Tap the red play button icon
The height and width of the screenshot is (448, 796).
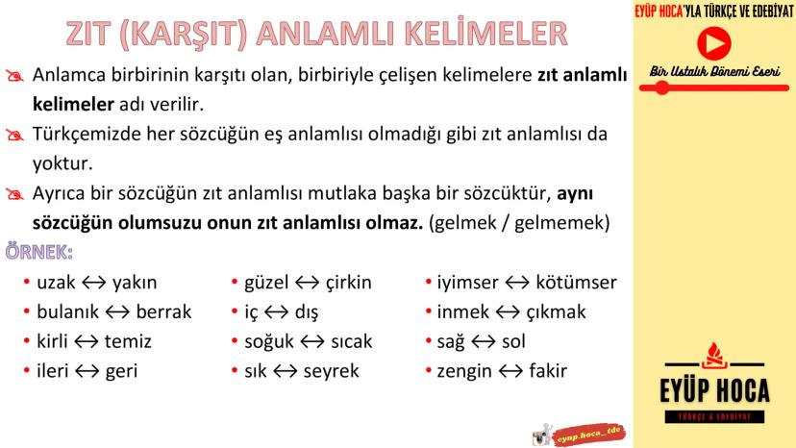(x=713, y=43)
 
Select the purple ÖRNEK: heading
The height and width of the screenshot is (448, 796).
(x=39, y=252)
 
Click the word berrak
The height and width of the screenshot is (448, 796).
(x=163, y=311)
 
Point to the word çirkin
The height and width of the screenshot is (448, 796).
(x=348, y=283)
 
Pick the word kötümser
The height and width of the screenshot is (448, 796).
(x=576, y=282)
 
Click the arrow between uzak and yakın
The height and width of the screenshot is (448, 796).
(x=94, y=283)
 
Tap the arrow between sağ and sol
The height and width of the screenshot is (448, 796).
(x=484, y=341)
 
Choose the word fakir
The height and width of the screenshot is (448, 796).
(x=548, y=371)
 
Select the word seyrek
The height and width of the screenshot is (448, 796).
(x=331, y=371)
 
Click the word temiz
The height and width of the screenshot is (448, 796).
(x=129, y=341)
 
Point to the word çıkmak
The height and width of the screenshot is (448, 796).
(x=556, y=311)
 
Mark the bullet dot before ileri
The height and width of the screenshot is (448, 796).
(x=26, y=370)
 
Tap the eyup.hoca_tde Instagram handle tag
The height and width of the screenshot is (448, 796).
(x=589, y=436)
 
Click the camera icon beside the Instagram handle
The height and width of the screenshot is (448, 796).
(x=542, y=436)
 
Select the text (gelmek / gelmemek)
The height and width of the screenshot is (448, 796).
(x=519, y=223)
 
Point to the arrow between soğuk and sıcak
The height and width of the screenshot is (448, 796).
(x=312, y=341)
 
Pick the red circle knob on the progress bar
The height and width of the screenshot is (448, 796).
(x=662, y=87)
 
